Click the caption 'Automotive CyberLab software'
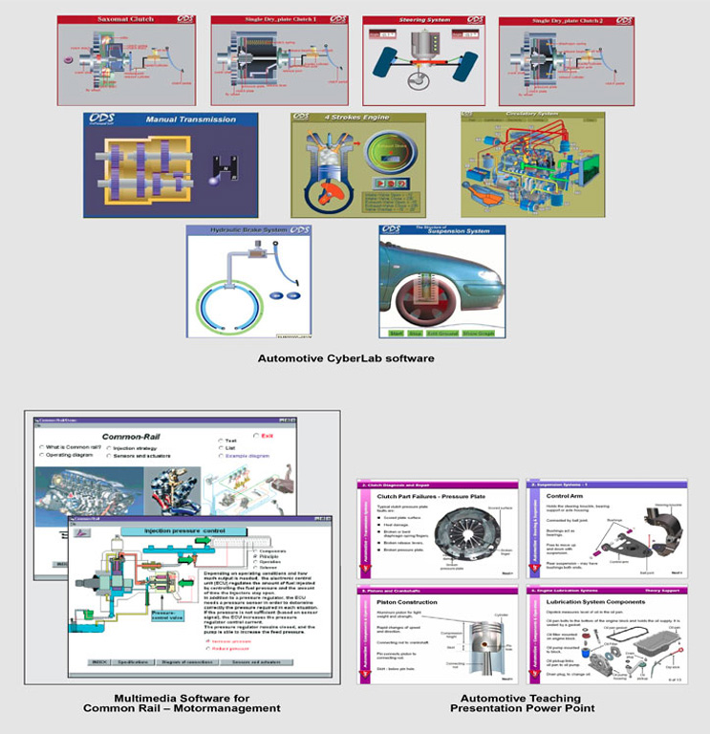coord(346,358)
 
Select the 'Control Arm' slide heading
coord(562,498)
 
